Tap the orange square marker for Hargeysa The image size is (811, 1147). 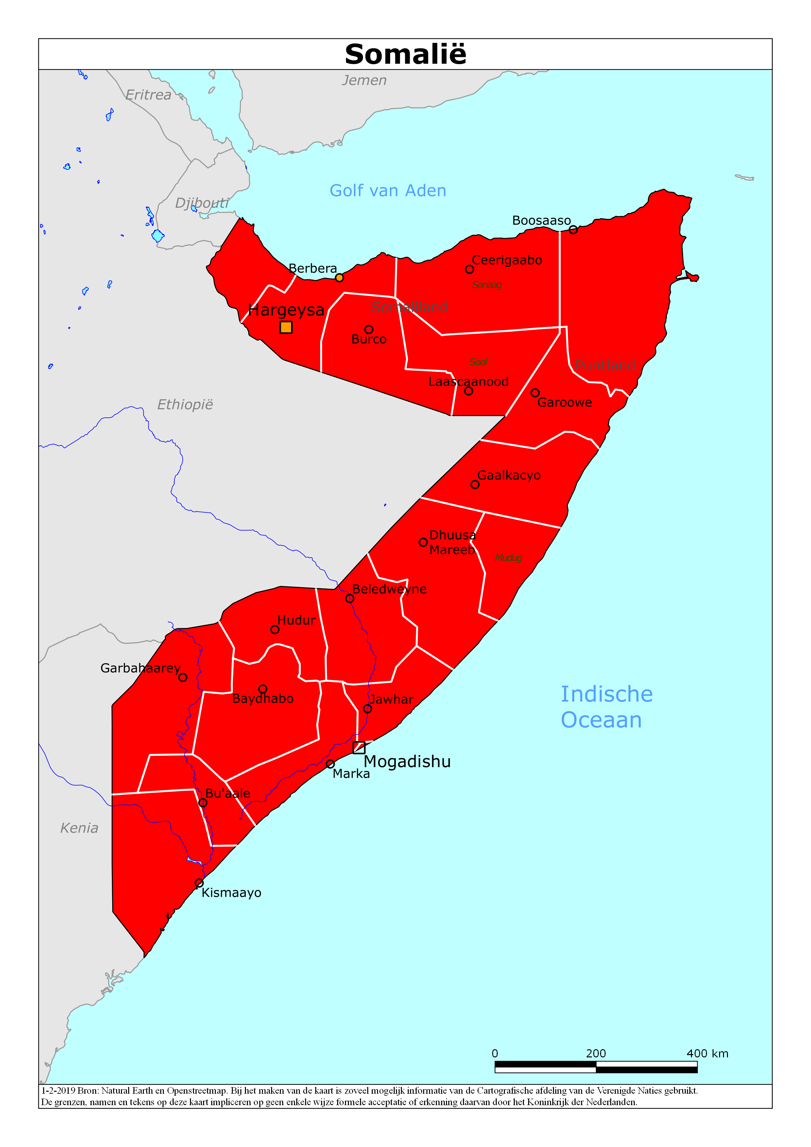tap(285, 327)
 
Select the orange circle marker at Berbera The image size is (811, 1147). tap(339, 277)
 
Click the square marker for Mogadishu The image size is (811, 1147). tap(358, 747)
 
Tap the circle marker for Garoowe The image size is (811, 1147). tap(535, 393)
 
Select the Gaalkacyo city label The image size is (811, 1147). tap(509, 475)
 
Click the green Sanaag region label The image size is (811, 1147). tap(487, 285)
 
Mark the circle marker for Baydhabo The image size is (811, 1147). tap(263, 689)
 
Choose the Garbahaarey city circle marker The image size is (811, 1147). tap(183, 677)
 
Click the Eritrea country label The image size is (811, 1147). tap(148, 95)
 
